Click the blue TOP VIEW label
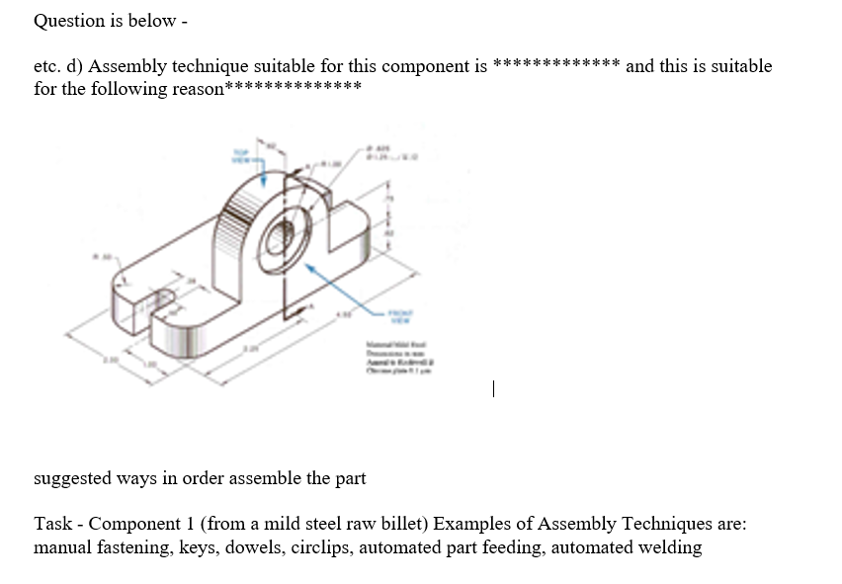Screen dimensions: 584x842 tap(240, 156)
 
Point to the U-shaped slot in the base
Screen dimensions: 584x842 tap(153, 296)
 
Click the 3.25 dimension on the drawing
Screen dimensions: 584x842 tap(253, 349)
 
